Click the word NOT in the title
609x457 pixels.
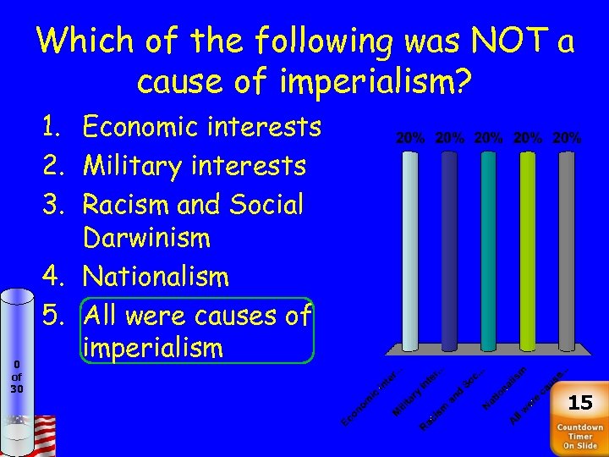484,40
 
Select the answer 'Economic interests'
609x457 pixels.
202,127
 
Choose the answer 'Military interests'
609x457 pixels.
195,165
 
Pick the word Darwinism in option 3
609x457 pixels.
146,238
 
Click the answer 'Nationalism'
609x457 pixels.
156,276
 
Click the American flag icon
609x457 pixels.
38,433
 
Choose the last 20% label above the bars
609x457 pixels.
565,136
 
